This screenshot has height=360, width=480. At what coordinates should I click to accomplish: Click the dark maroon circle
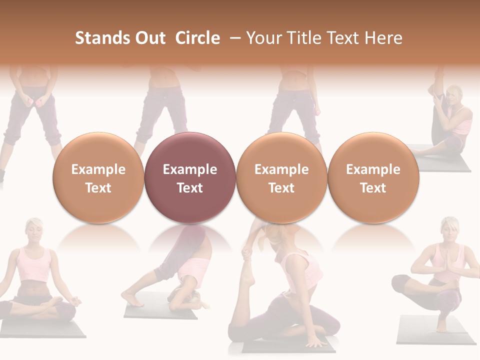190,178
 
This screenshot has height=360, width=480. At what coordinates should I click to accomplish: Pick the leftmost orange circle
98,178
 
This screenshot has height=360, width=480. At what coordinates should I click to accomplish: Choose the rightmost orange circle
373,178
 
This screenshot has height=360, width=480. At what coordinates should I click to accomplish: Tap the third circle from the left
281,178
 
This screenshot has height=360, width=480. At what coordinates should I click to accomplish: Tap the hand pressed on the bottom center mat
316,343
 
